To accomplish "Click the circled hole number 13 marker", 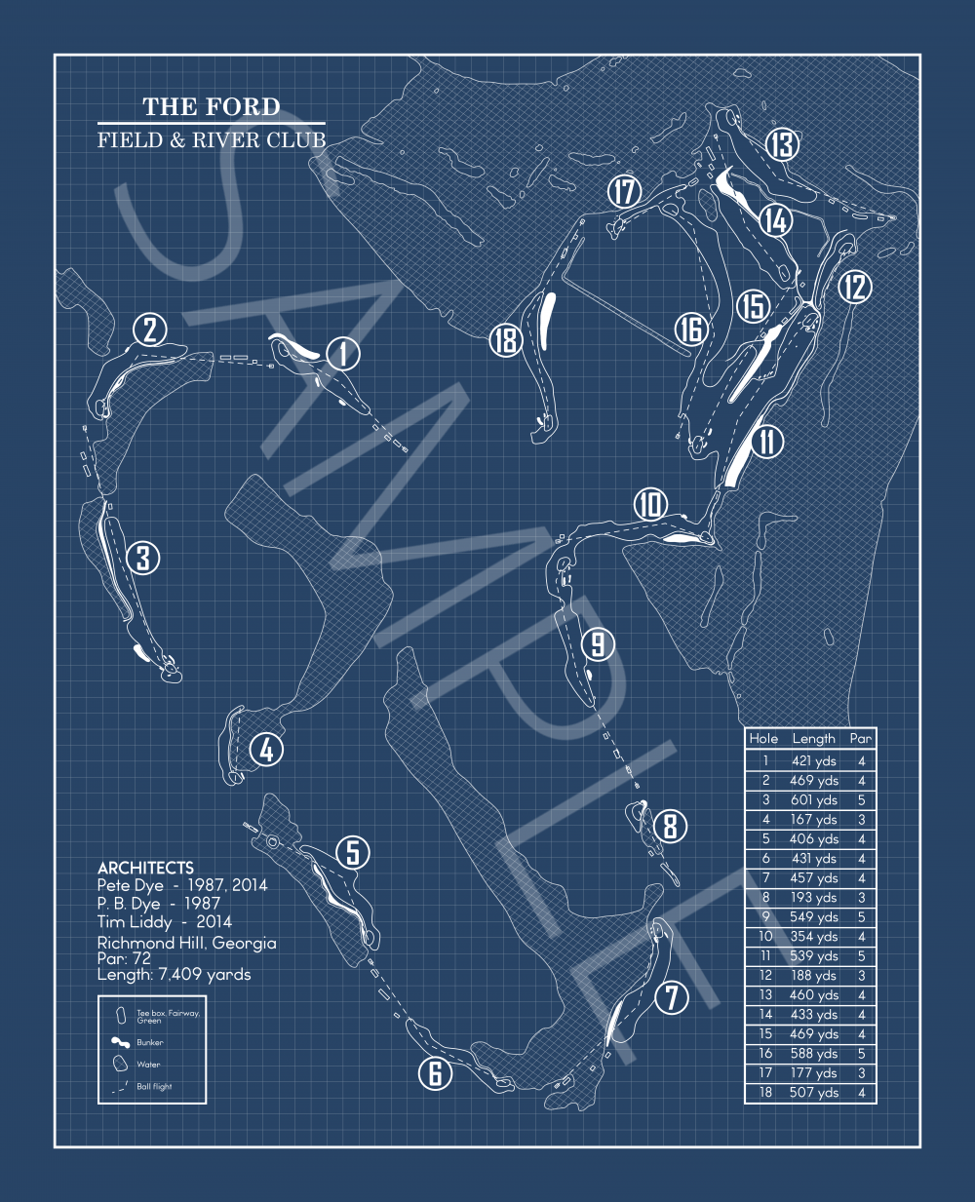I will click(x=782, y=145).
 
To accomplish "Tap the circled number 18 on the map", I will click(x=506, y=340).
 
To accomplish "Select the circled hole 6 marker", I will click(x=435, y=1073).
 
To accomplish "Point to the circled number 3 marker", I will click(x=143, y=559).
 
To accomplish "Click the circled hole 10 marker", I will click(x=650, y=505).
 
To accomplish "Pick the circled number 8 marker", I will click(x=670, y=826).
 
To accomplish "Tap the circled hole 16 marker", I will click(x=690, y=330).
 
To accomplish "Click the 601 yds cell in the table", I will click(x=813, y=800).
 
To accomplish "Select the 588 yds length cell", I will click(x=813, y=1054).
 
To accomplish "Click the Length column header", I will click(x=813, y=739).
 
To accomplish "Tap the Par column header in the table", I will click(x=860, y=739).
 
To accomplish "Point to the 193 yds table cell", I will click(x=813, y=898).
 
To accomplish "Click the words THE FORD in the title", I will click(x=212, y=106).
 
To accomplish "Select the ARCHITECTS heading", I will click(x=145, y=868).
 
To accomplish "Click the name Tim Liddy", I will click(x=135, y=922).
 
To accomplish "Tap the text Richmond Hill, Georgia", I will click(x=186, y=943).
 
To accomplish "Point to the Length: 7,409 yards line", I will click(x=174, y=974).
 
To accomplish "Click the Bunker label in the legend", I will click(x=150, y=1042).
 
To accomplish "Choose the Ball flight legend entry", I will click(x=154, y=1086).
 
